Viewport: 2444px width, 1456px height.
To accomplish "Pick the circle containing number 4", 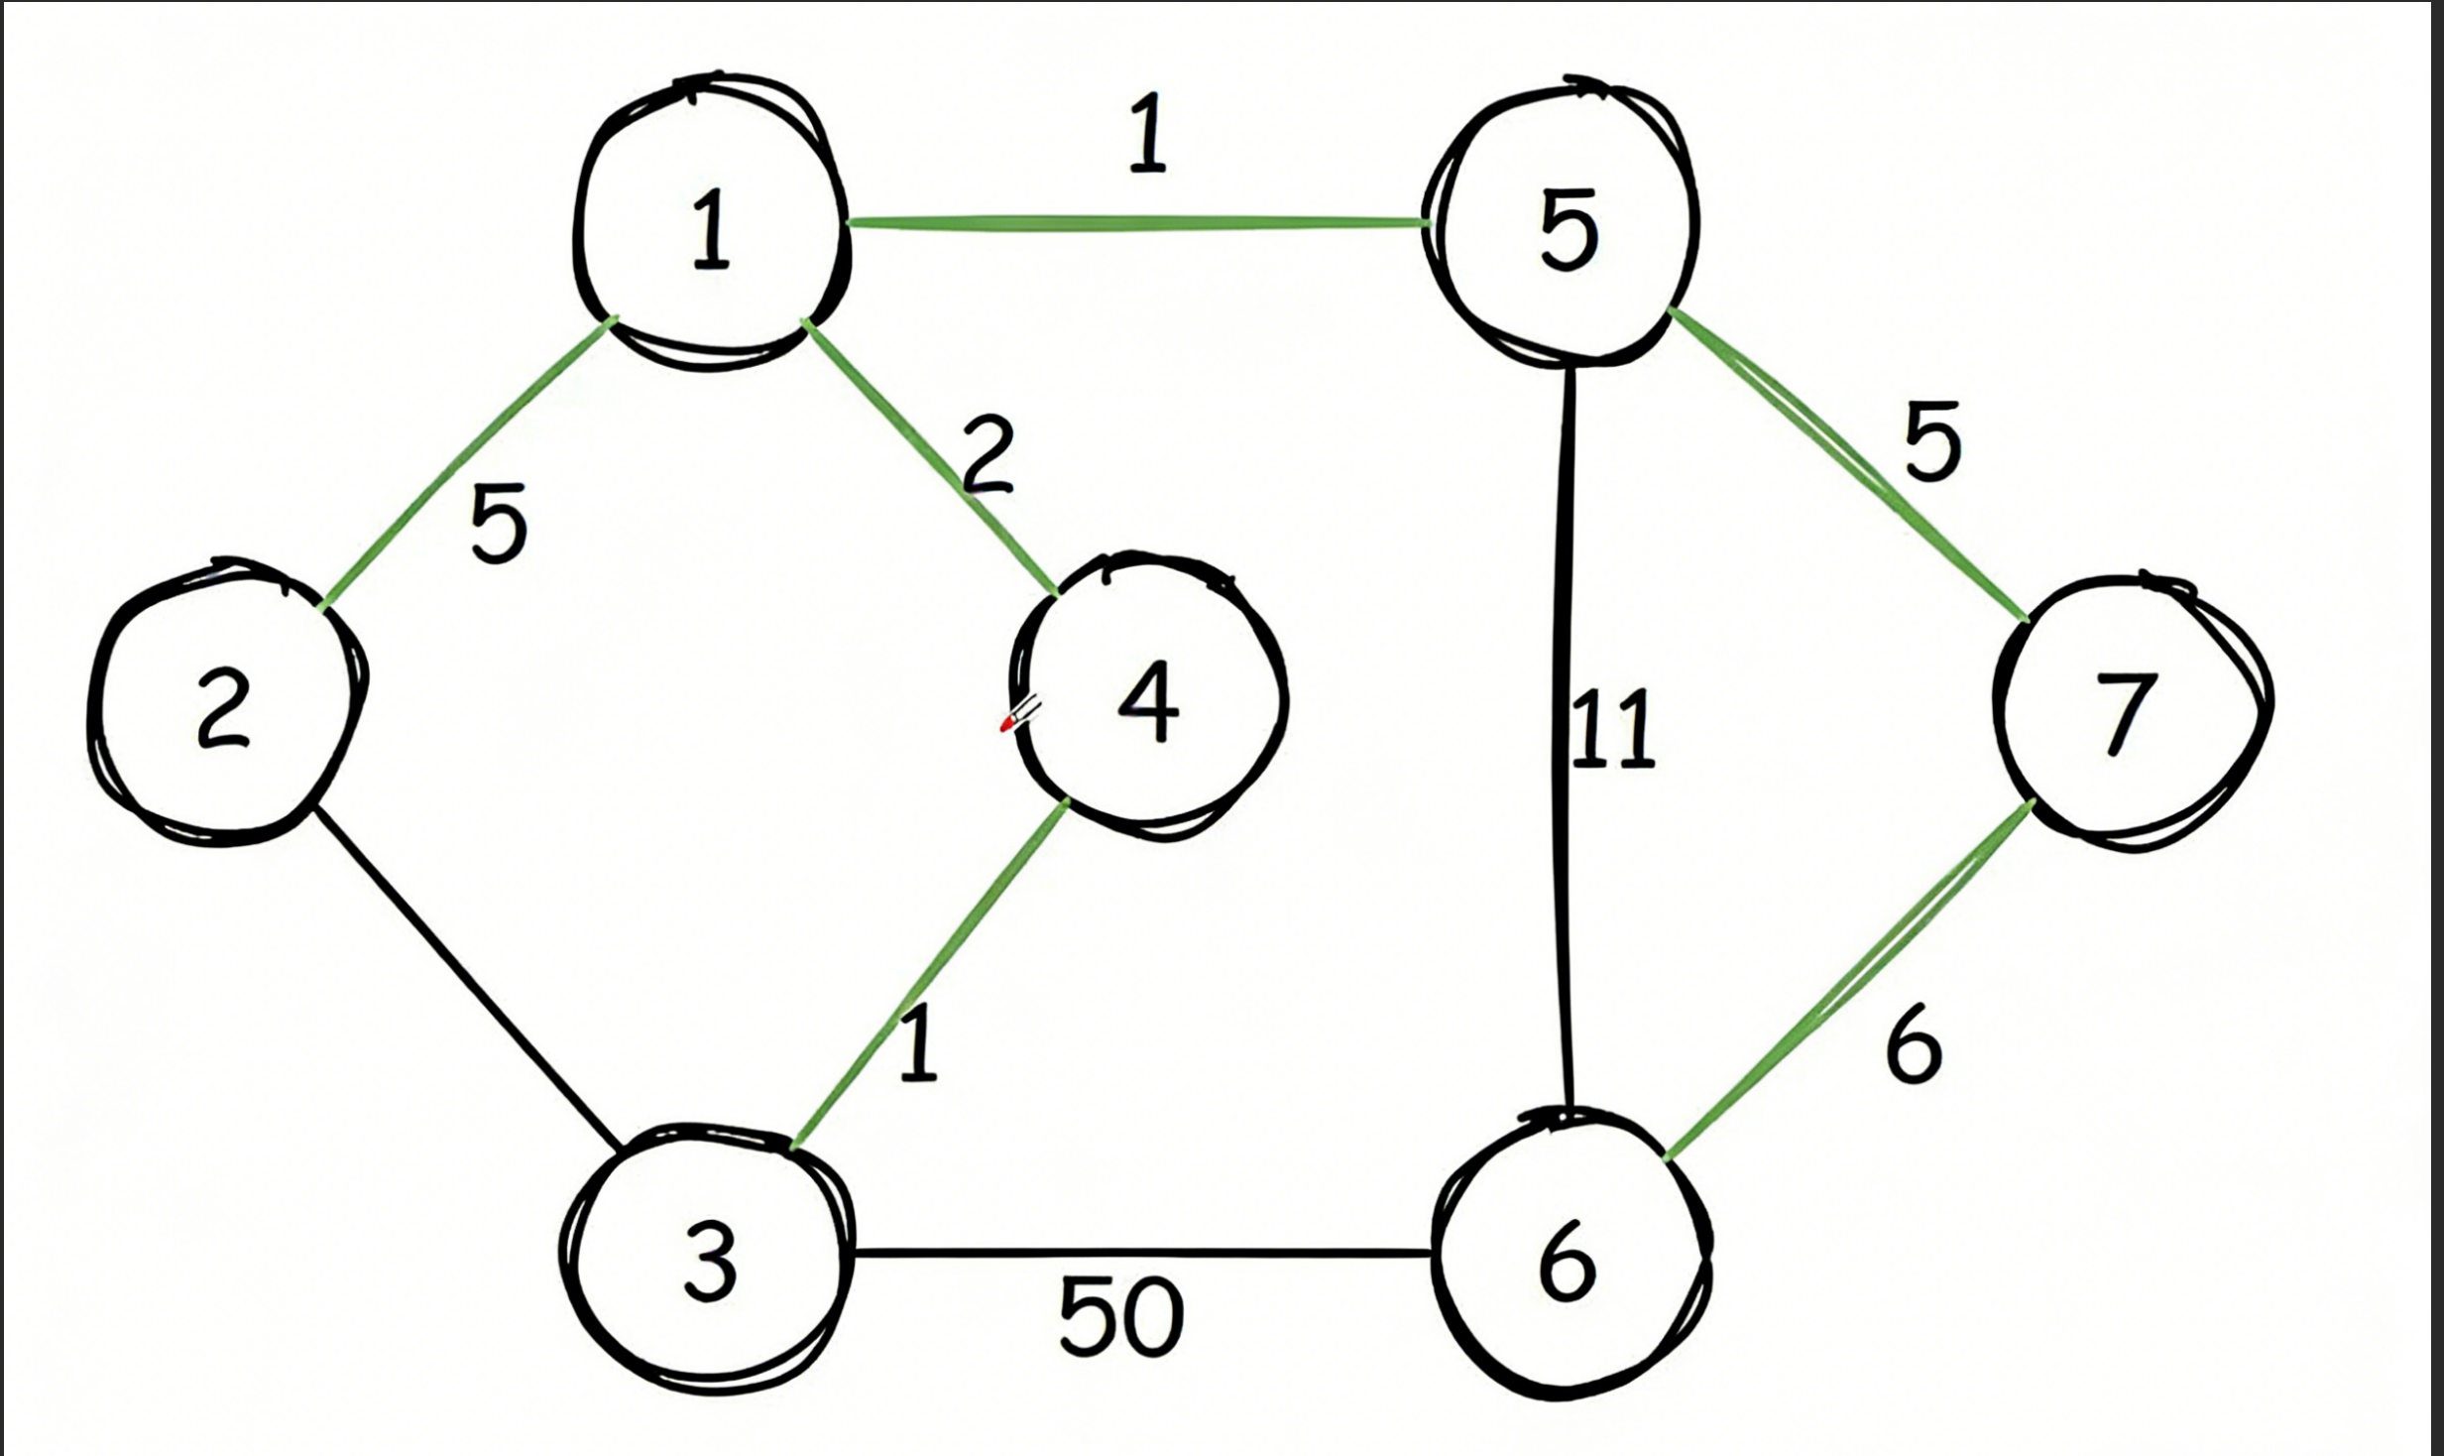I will click(1148, 700).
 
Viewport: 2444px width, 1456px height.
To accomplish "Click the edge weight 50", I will click(1120, 1317).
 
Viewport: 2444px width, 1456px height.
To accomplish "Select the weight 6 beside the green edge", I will click(1912, 1045).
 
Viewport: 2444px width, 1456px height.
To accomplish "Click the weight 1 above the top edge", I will click(1147, 134).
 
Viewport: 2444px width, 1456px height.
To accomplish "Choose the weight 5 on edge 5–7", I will click(1931, 441).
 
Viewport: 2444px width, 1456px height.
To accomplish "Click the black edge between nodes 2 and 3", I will click(466, 977).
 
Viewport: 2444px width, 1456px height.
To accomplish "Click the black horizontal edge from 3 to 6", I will click(1140, 1253).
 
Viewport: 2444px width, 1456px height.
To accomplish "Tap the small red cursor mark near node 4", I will click(1007, 724).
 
